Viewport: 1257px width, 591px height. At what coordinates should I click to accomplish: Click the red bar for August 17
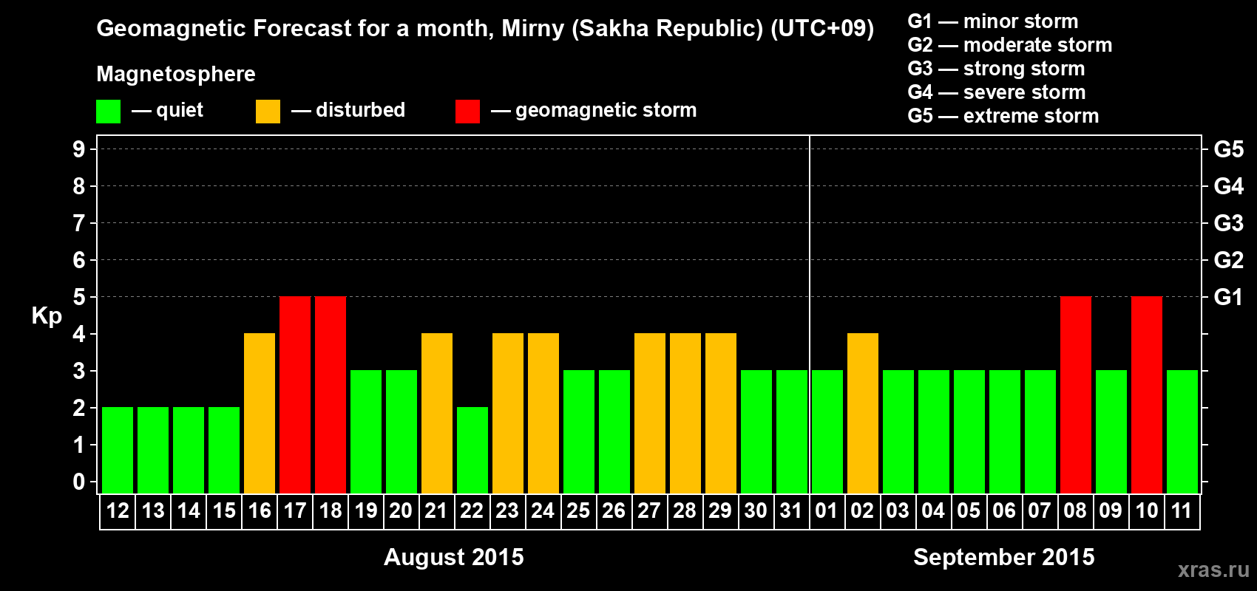[x=295, y=394]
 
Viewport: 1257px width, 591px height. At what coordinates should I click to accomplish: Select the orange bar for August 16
[x=260, y=413]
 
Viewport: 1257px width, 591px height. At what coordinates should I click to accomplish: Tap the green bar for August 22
[x=472, y=450]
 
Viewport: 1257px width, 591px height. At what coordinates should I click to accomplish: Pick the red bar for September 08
[x=1077, y=394]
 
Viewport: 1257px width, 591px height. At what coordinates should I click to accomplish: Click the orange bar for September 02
[x=863, y=413]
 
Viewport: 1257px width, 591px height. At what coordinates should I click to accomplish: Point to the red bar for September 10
[x=1147, y=394]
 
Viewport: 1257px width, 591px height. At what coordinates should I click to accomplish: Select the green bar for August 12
[x=118, y=450]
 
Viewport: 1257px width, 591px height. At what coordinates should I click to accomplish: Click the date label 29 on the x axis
[x=720, y=510]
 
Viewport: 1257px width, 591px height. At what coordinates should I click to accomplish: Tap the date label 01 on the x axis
[x=827, y=510]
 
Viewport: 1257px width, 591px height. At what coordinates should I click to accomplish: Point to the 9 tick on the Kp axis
[x=78, y=150]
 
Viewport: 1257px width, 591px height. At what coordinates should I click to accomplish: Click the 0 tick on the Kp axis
[x=78, y=482]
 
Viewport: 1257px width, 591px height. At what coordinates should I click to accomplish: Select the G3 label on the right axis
[x=1229, y=223]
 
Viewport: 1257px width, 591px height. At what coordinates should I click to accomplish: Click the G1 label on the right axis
[x=1229, y=297]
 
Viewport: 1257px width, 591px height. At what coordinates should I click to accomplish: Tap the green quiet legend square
[x=108, y=111]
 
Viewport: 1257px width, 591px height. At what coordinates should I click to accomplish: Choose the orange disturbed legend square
[x=268, y=111]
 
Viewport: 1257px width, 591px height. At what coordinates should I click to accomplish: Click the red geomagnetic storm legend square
[x=468, y=111]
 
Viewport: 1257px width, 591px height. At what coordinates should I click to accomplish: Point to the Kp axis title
[x=47, y=316]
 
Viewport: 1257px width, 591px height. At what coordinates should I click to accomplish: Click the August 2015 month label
[x=453, y=557]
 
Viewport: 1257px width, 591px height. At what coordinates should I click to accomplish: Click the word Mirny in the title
[x=532, y=29]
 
